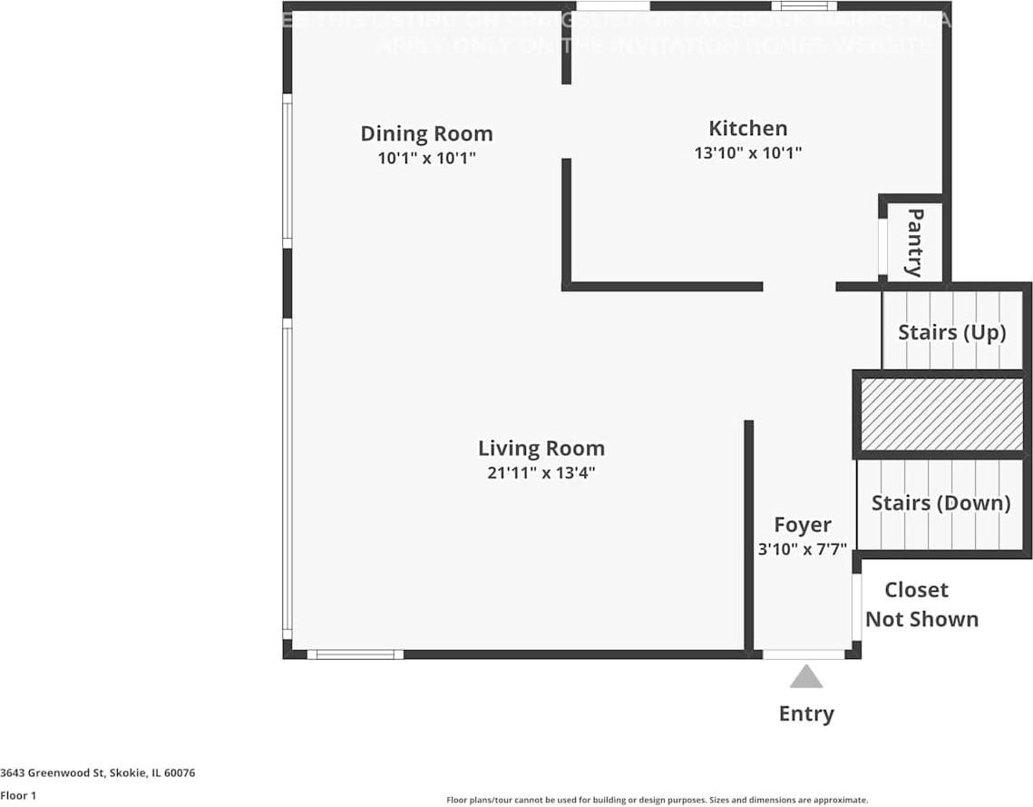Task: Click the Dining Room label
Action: point(426,133)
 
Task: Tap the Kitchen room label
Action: point(747,128)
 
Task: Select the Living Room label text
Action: point(541,448)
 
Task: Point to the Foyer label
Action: point(802,525)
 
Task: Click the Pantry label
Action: point(915,242)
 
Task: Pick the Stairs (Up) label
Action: point(951,332)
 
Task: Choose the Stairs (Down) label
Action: point(940,503)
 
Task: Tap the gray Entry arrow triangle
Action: point(805,677)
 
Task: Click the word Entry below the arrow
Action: point(805,714)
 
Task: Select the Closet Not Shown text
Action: point(921,605)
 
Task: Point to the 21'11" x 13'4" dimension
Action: point(541,473)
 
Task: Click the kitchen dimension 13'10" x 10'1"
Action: point(747,153)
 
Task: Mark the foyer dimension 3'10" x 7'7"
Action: point(802,549)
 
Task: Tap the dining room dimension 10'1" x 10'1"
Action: point(426,158)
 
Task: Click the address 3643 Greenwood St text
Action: point(98,773)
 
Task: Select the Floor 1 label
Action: point(18,795)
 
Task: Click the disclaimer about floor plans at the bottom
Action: point(657,800)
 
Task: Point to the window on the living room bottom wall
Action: point(355,654)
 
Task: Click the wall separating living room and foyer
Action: point(748,536)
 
